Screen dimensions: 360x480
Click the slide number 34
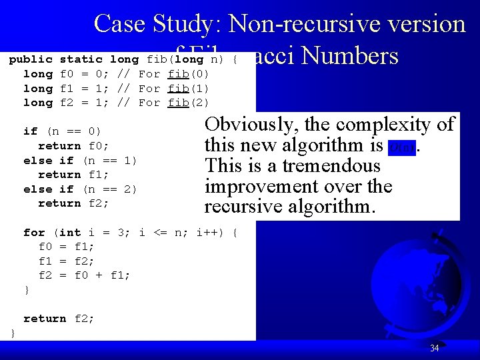click(434, 348)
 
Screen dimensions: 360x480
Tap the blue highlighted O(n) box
click(401, 146)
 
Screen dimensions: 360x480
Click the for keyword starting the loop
click(33, 233)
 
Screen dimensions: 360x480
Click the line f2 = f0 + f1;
click(84, 275)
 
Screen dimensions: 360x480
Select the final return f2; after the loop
click(59, 319)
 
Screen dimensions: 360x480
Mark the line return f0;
click(73, 146)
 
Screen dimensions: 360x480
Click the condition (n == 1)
click(110, 161)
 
